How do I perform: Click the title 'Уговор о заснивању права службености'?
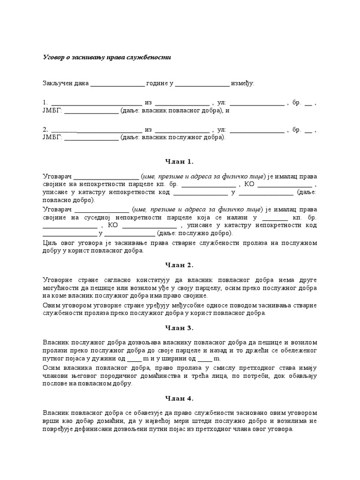click(x=107, y=57)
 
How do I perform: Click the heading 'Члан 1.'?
click(x=180, y=162)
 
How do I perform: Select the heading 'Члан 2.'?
click(x=180, y=265)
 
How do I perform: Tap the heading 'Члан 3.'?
click(x=180, y=328)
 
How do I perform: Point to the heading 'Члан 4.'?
click(x=180, y=399)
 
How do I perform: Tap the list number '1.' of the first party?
click(x=45, y=103)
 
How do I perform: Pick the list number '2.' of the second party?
click(x=45, y=129)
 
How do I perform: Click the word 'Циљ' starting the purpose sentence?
click(x=49, y=243)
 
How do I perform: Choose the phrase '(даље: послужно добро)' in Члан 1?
click(x=195, y=233)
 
